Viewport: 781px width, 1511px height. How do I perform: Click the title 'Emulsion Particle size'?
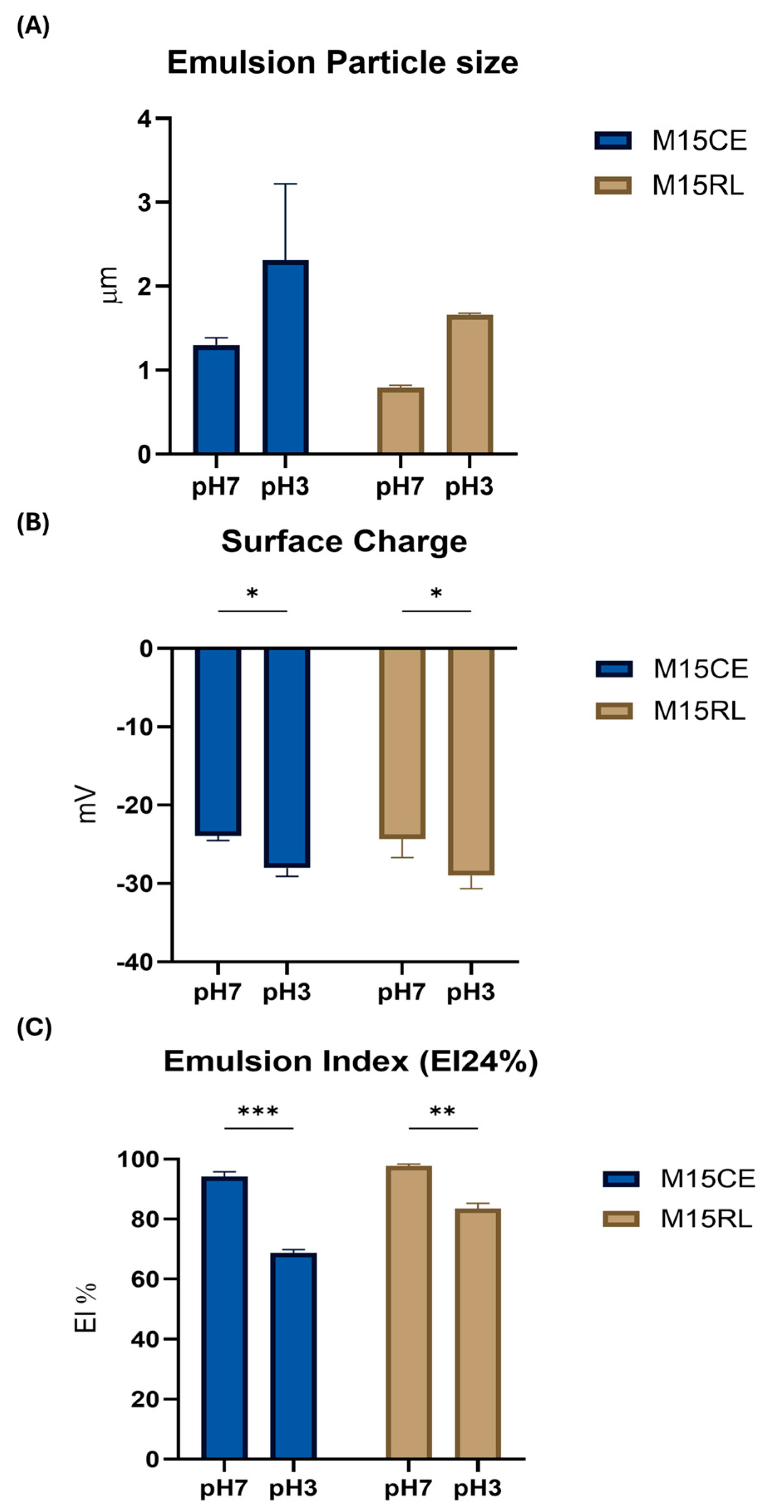[342, 63]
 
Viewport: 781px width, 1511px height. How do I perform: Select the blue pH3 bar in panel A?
[286, 358]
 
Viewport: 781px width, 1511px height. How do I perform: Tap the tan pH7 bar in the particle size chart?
[400, 421]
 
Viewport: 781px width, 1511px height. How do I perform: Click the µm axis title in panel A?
[109, 285]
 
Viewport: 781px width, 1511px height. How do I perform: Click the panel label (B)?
[33, 522]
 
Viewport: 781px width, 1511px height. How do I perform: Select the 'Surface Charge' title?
[344, 541]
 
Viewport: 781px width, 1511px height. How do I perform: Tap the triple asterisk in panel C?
[258, 1112]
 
